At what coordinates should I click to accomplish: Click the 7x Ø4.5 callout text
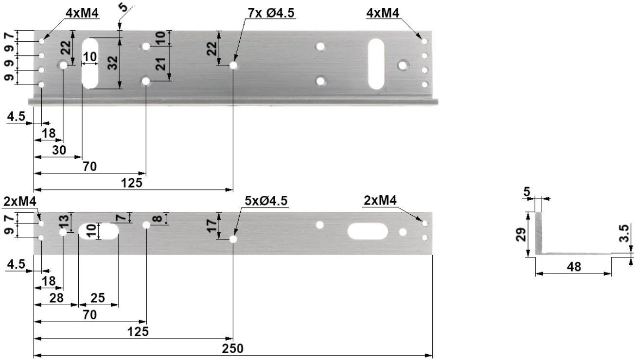271,13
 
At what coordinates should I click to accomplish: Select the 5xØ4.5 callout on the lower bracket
267,201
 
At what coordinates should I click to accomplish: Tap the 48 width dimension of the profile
574,267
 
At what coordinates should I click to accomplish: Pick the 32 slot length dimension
113,63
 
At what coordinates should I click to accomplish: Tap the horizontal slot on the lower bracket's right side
368,231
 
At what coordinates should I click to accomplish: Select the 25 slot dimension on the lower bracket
98,298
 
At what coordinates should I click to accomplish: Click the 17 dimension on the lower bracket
211,225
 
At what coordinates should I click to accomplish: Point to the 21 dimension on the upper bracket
161,64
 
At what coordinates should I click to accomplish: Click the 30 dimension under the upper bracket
59,150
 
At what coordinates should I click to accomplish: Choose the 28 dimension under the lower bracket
56,298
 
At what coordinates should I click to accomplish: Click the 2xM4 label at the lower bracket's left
19,201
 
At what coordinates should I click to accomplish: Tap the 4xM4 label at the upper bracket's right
383,13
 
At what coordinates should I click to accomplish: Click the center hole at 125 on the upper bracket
234,65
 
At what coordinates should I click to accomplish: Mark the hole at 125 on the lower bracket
234,239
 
